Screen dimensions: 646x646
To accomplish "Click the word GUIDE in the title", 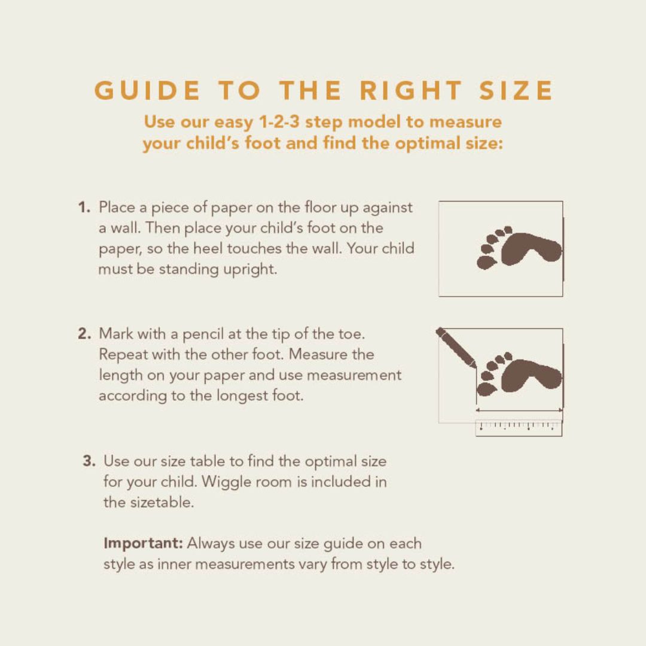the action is [x=148, y=90].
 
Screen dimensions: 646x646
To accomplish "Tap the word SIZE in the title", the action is [x=516, y=90].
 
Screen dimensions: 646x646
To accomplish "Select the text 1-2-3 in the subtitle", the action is [x=279, y=121].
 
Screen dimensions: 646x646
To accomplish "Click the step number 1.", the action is [x=84, y=207].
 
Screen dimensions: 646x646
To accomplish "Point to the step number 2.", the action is [x=84, y=334].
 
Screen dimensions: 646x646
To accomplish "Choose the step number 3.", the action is [x=89, y=461].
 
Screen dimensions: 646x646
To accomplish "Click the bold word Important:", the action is [x=143, y=544].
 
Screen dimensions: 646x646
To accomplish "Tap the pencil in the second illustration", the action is [x=456, y=348].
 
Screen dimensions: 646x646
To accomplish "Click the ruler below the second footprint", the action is [x=519, y=428].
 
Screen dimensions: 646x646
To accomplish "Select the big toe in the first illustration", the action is [x=486, y=263].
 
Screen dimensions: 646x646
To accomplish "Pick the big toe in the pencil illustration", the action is [x=486, y=389].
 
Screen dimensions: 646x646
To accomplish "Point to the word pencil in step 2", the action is [x=203, y=334].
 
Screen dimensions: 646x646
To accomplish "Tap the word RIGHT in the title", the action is [x=411, y=90].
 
